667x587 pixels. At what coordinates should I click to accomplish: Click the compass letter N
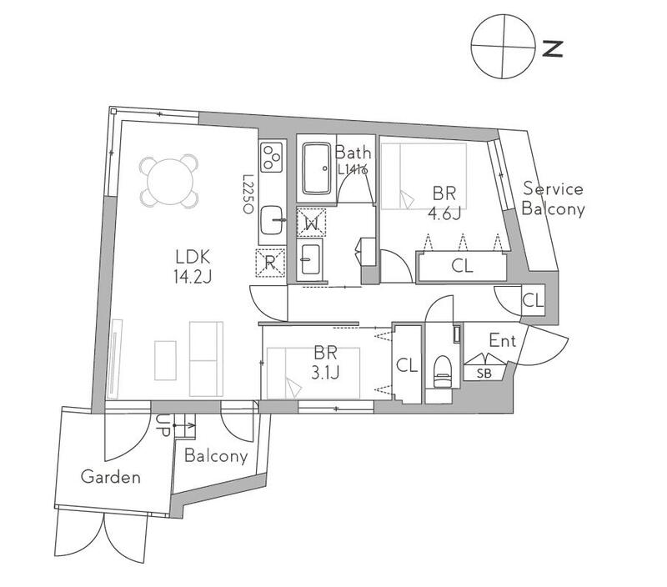pyautogui.click(x=553, y=48)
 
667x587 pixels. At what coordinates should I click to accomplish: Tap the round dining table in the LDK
pyautogui.click(x=170, y=182)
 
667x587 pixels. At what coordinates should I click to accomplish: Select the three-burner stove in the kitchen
pyautogui.click(x=272, y=158)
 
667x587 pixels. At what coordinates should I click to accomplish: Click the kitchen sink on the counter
pyautogui.click(x=272, y=220)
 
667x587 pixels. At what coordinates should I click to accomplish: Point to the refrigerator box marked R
pyautogui.click(x=270, y=263)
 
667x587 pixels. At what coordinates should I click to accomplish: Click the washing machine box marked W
pyautogui.click(x=311, y=223)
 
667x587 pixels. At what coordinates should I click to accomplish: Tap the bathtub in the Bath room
pyautogui.click(x=317, y=168)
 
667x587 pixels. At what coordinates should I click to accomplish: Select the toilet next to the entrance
pyautogui.click(x=442, y=371)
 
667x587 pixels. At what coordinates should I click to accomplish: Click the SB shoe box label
pyautogui.click(x=484, y=374)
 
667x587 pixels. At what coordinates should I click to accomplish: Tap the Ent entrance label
pyautogui.click(x=503, y=341)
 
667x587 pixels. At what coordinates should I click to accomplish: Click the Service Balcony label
pyautogui.click(x=553, y=198)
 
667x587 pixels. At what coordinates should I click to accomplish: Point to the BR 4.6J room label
pyautogui.click(x=444, y=203)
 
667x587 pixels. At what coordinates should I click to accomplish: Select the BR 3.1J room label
pyautogui.click(x=325, y=363)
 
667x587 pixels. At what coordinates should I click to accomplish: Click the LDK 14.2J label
pyautogui.click(x=193, y=266)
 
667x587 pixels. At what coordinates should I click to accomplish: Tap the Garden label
pyautogui.click(x=111, y=476)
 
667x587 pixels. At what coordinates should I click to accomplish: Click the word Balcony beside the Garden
pyautogui.click(x=216, y=456)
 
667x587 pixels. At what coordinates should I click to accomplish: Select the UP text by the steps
pyautogui.click(x=163, y=425)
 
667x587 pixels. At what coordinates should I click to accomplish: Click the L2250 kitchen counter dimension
pyautogui.click(x=248, y=193)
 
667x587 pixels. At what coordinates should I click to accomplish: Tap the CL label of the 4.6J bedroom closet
pyautogui.click(x=462, y=266)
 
